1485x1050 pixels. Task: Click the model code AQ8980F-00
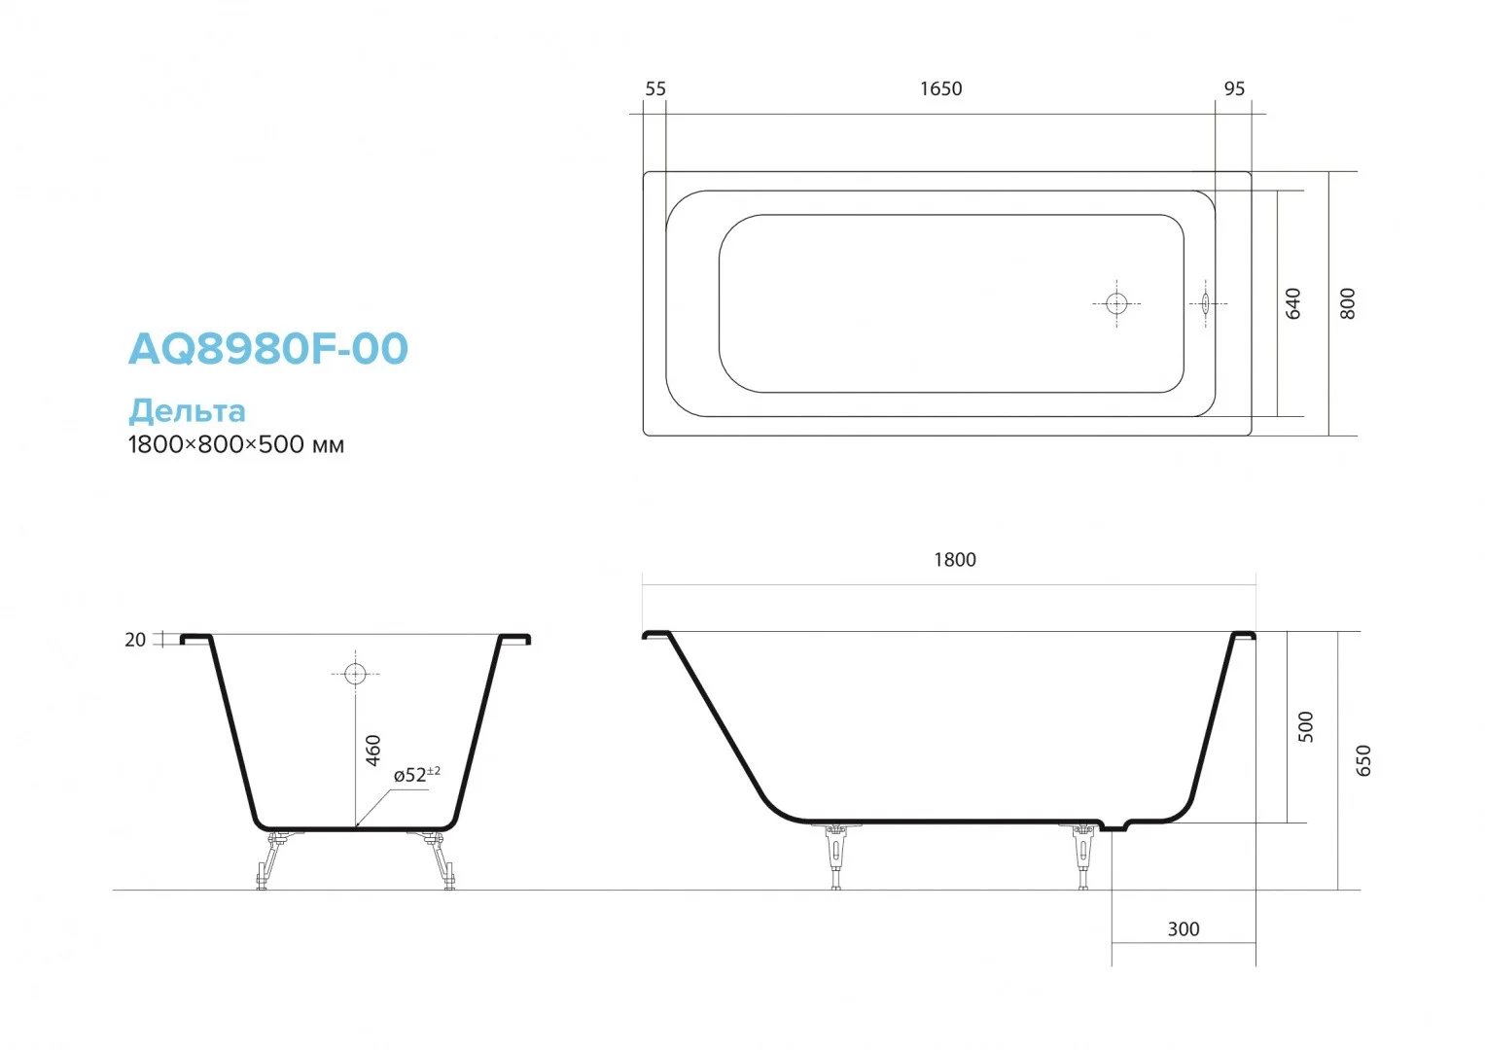tap(268, 349)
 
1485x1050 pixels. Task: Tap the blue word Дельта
tap(187, 411)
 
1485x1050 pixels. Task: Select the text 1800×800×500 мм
tap(236, 444)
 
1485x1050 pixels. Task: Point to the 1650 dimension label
tap(940, 88)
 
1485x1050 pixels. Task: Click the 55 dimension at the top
tap(655, 88)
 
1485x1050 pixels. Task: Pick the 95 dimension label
tap(1234, 88)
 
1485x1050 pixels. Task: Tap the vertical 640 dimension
tap(1292, 303)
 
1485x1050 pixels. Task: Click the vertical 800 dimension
tap(1347, 303)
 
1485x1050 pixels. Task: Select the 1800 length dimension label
tap(955, 560)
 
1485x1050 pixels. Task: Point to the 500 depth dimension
tap(1305, 726)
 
